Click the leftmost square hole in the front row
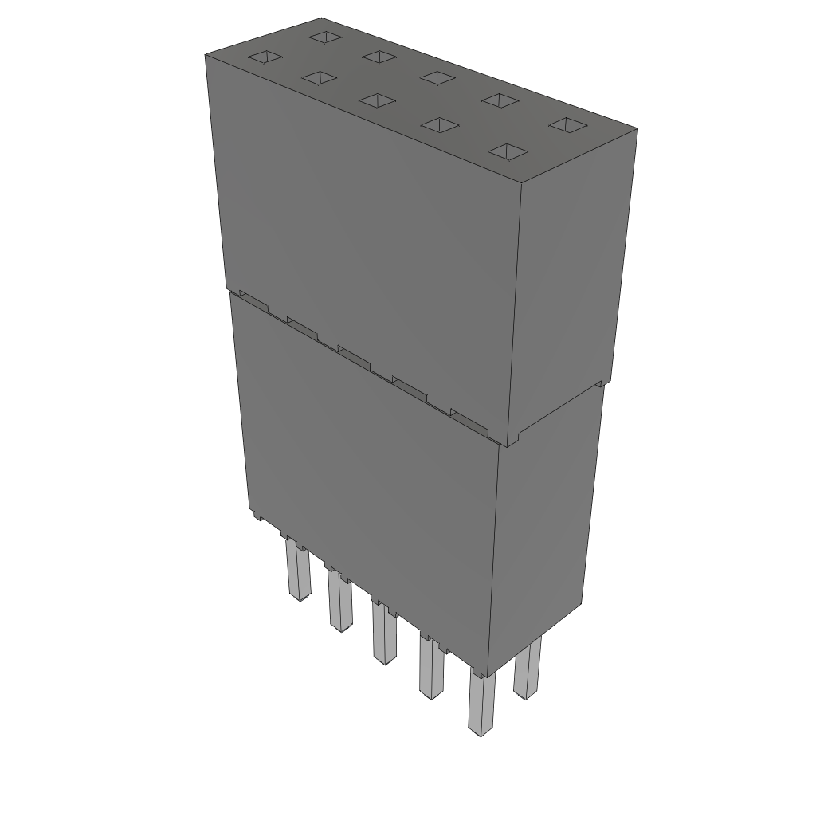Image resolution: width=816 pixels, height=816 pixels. [x=265, y=57]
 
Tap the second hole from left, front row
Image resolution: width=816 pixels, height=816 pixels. [x=317, y=78]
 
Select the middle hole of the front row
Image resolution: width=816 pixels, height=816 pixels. [x=377, y=100]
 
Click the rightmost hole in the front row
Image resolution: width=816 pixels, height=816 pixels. [x=509, y=151]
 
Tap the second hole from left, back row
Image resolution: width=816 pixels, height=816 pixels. [x=379, y=56]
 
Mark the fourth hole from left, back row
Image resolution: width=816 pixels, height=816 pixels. [x=500, y=100]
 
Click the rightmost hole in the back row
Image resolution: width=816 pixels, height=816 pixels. [x=567, y=124]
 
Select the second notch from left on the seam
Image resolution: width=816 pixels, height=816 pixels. [x=302, y=326]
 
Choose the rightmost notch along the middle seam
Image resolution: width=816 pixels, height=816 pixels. [x=469, y=419]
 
